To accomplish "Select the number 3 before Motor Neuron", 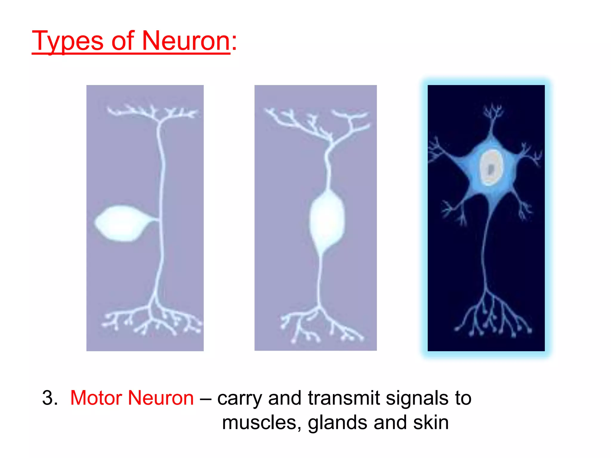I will pyautogui.click(x=48, y=398).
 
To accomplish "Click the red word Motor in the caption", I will pyautogui.click(x=96, y=398).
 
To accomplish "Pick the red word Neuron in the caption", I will pyautogui.click(x=161, y=398).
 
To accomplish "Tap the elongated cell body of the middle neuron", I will pyautogui.click(x=327, y=221).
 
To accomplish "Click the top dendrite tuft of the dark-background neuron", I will pyautogui.click(x=493, y=114).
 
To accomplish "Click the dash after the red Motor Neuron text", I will pyautogui.click(x=205, y=398).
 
